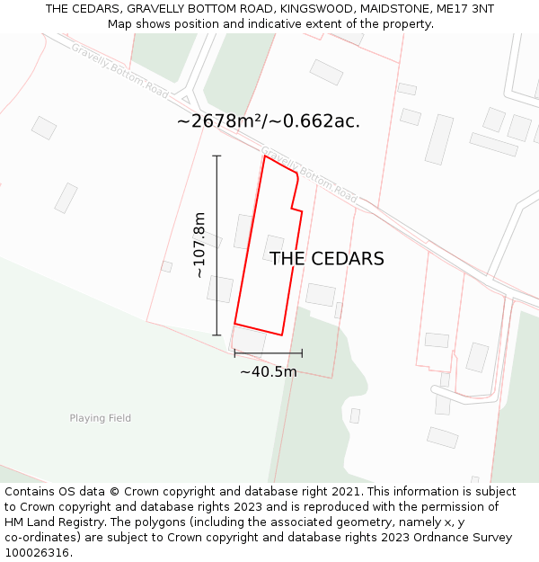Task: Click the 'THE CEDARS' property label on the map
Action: pos(327,259)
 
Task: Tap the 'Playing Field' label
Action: pos(101,418)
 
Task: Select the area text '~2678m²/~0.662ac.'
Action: pos(269,121)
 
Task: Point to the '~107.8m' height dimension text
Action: pos(199,245)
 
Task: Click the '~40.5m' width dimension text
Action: pos(268,371)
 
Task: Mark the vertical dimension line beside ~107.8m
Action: pos(216,245)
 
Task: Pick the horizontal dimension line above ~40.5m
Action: pos(268,353)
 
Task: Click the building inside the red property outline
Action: pos(273,245)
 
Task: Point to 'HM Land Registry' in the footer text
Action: pos(49,522)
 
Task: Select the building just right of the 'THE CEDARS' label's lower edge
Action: pos(321,294)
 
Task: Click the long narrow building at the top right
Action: pos(439,139)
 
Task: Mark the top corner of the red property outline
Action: pos(265,156)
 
